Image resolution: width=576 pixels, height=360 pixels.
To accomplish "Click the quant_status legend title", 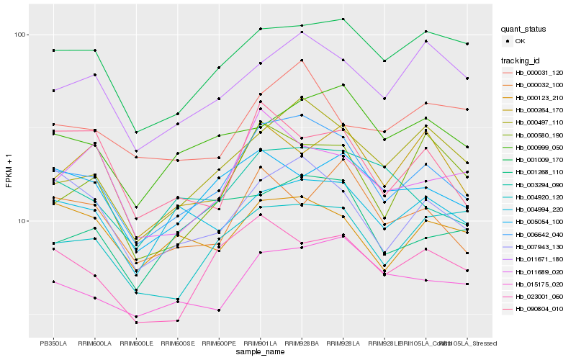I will point(525,30).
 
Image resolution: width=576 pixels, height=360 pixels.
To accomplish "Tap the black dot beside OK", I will point(509,42).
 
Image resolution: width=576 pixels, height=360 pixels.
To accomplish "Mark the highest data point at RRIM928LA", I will point(343,19).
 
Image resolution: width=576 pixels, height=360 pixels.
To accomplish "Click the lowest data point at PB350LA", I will point(53,282).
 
